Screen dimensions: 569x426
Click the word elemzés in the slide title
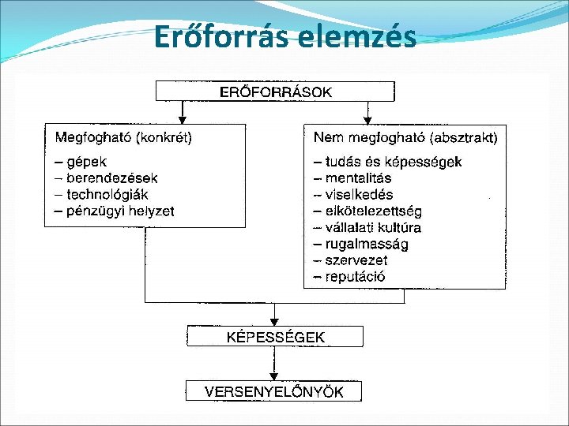pos(357,37)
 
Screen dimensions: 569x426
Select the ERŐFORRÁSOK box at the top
pos(275,92)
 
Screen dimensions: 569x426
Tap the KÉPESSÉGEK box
pos(275,337)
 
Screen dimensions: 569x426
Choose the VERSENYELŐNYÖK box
pos(274,391)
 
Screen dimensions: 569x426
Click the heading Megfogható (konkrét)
pos(123,138)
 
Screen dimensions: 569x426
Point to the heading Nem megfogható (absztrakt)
pos(405,138)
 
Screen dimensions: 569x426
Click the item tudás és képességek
pos(387,162)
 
